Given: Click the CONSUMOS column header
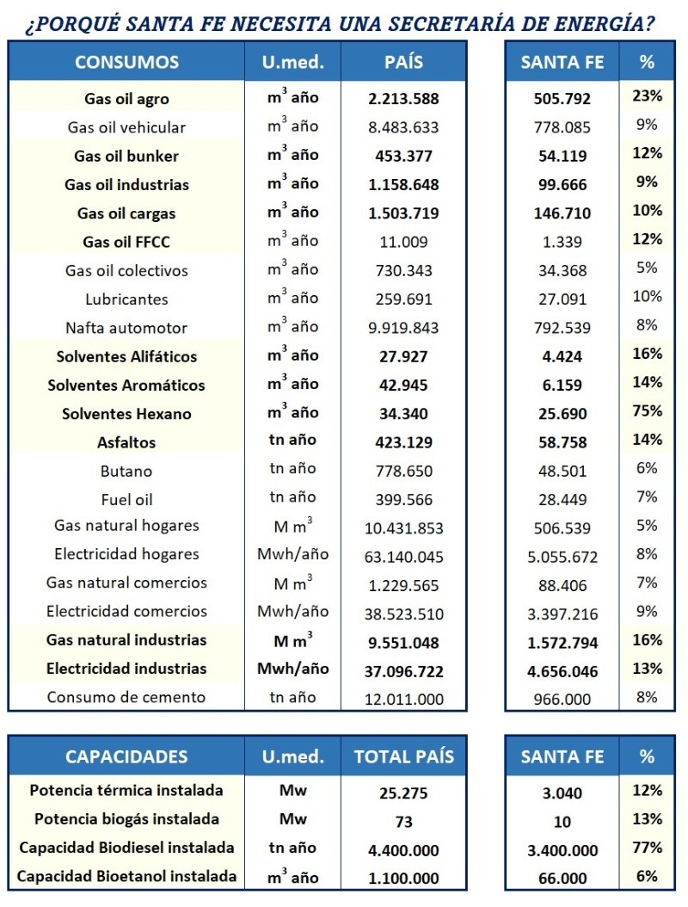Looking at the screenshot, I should pos(126,62).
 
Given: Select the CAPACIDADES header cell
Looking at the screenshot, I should pos(126,757).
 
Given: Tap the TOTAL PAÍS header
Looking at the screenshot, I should pos(403,757).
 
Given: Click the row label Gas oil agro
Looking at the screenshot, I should pos(126,98).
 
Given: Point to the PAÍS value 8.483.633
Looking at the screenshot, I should pos(403,127).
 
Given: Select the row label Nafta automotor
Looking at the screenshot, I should pos(126,328).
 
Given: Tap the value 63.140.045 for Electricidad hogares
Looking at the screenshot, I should pos(403,555).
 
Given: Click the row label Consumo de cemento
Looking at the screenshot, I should pos(126,697).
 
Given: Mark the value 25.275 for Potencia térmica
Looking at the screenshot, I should pos(403,792).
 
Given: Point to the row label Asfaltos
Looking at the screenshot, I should pos(126,442).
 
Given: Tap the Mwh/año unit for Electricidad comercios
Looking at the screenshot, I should pos(292,611).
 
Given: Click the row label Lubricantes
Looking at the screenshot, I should pos(126,299).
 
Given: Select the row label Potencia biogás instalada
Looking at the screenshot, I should pos(126,819).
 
